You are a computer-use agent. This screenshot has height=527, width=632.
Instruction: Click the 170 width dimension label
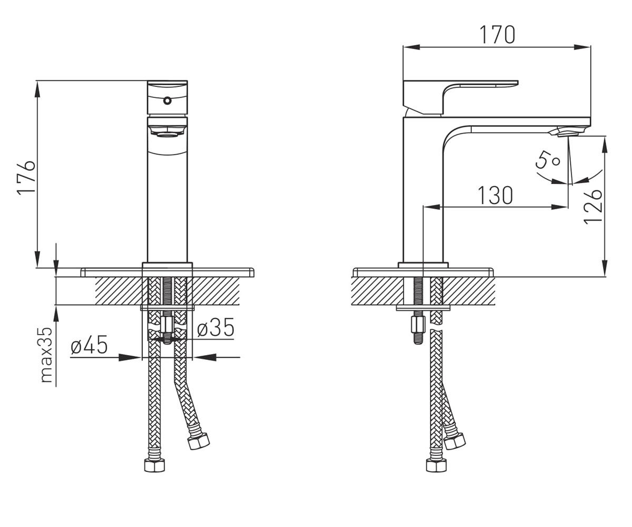[497, 35]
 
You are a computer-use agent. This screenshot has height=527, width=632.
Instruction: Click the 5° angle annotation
[548, 161]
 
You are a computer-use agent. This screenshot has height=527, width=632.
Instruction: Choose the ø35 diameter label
[216, 327]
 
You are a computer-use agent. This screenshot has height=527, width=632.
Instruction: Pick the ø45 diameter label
[89, 345]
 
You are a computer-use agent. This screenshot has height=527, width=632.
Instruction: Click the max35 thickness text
[47, 355]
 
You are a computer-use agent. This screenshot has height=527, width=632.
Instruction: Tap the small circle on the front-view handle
[167, 101]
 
